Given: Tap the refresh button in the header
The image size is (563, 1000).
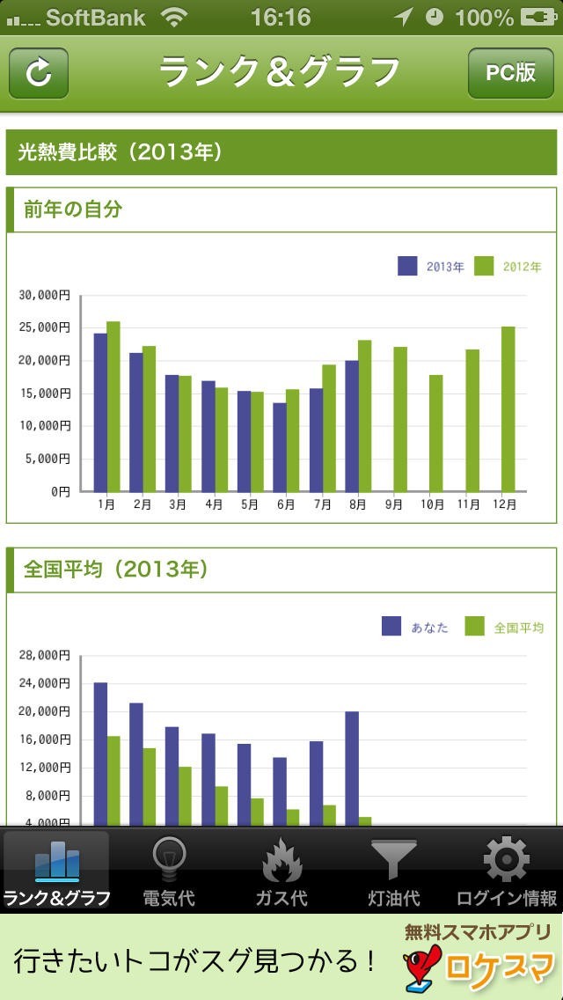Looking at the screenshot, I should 39,73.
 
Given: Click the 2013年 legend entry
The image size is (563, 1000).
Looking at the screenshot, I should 431,266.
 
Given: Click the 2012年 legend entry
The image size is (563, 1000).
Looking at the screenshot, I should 508,266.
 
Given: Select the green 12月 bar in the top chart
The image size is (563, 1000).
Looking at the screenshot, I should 508,409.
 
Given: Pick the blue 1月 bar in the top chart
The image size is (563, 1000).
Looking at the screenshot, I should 100,412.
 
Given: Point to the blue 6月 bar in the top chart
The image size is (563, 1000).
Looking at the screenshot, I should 280,447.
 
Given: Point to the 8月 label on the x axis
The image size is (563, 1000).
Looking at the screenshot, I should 359,505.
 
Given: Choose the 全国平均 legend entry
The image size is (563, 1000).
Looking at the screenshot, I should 505,627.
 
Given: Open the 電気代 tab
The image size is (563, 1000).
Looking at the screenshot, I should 169,871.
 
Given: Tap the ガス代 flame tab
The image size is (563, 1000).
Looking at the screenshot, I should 281,871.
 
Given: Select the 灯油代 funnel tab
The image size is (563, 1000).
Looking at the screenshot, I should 393,871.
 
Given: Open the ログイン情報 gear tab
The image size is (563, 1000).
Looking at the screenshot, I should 507,871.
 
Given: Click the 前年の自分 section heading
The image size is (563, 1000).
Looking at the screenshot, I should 73,210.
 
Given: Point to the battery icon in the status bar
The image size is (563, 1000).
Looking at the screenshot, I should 538,17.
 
